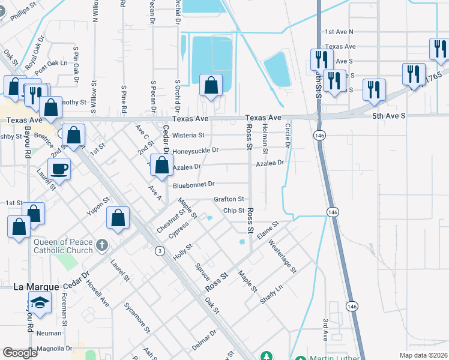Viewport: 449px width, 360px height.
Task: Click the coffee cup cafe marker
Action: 59,169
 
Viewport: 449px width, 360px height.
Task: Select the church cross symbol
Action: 102,245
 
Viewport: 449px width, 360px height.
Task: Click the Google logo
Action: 20,353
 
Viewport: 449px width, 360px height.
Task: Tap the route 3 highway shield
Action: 160,250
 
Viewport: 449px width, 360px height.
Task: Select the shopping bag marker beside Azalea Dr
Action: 161,166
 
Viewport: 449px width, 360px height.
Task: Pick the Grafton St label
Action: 229,199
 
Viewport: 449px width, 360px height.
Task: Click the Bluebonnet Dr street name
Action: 193,185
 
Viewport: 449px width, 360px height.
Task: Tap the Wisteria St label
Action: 188,136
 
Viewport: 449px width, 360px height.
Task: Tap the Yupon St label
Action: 97,208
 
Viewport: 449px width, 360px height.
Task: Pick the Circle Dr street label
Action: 288,136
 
